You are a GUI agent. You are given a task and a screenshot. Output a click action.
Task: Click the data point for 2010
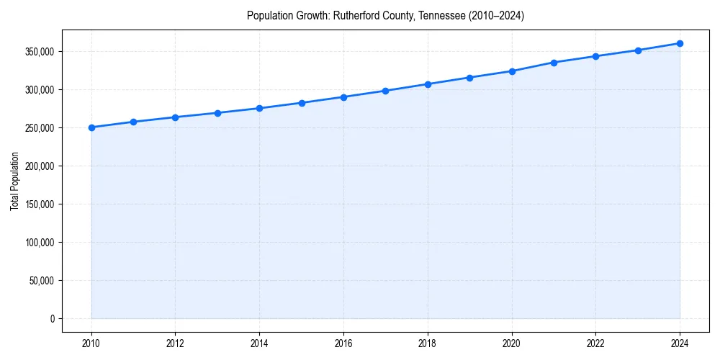click(91, 127)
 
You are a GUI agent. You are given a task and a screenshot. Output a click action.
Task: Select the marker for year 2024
click(680, 43)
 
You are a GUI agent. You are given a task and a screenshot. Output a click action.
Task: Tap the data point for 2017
click(385, 91)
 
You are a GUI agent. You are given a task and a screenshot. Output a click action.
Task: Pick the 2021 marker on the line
click(554, 63)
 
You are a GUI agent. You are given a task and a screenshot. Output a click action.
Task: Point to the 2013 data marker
click(217, 113)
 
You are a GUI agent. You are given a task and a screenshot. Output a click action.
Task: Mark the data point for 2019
click(469, 78)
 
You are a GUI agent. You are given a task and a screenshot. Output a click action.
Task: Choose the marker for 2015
click(302, 103)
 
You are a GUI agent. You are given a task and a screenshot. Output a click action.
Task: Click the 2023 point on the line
click(638, 50)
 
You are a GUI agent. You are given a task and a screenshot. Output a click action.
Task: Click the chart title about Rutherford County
click(385, 15)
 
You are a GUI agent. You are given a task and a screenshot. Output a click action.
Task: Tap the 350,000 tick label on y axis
click(40, 52)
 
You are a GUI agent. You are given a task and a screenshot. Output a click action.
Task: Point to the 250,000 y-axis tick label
click(40, 128)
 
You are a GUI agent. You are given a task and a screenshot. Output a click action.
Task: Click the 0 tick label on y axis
click(52, 318)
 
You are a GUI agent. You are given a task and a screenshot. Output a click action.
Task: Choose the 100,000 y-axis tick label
click(40, 243)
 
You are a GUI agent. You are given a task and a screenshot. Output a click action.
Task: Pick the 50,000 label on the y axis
click(42, 281)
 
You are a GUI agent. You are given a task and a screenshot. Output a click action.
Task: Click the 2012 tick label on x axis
click(175, 343)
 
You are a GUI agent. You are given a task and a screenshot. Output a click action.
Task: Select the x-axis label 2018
click(428, 343)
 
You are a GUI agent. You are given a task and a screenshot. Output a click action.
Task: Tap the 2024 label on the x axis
click(680, 343)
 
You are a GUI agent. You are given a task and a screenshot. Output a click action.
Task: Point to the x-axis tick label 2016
click(343, 343)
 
